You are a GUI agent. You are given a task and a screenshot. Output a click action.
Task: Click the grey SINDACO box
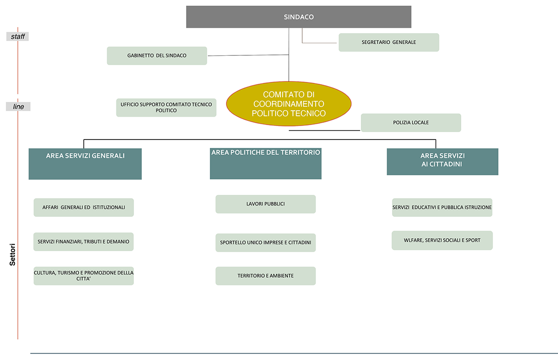(x=299, y=17)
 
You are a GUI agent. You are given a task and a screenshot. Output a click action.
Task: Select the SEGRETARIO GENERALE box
(x=389, y=42)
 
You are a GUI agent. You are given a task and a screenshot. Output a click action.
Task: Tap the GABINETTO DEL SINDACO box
(x=157, y=56)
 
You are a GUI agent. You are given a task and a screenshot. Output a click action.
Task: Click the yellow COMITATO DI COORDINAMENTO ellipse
(x=289, y=104)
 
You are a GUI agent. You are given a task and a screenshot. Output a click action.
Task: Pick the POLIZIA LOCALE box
(x=411, y=123)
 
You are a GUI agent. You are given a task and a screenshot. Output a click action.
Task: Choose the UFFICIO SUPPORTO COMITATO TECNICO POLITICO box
(x=166, y=107)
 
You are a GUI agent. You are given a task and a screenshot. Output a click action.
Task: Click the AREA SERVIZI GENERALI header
(x=85, y=164)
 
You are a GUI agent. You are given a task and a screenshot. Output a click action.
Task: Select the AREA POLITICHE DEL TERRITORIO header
(x=266, y=164)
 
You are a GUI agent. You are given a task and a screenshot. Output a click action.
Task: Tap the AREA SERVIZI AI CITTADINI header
(x=442, y=161)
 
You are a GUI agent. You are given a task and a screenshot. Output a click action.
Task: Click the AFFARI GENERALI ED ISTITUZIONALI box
(x=84, y=207)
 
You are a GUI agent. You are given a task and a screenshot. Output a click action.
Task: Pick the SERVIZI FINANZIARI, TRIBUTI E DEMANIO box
(x=84, y=242)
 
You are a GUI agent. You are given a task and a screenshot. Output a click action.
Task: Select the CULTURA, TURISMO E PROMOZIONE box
(x=84, y=276)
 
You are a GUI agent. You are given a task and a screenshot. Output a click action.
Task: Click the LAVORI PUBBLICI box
(x=266, y=204)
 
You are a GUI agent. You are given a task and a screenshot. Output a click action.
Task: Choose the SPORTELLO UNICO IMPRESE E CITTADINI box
(x=266, y=243)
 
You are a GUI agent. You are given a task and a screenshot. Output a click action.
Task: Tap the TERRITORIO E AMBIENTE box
(x=266, y=276)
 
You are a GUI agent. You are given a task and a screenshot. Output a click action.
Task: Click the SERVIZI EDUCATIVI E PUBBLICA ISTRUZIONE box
(x=442, y=207)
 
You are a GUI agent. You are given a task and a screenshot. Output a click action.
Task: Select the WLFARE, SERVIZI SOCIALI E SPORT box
(x=442, y=240)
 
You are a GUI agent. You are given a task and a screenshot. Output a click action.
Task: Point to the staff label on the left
(x=18, y=36)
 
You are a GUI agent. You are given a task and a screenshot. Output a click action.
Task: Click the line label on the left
(x=18, y=107)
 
